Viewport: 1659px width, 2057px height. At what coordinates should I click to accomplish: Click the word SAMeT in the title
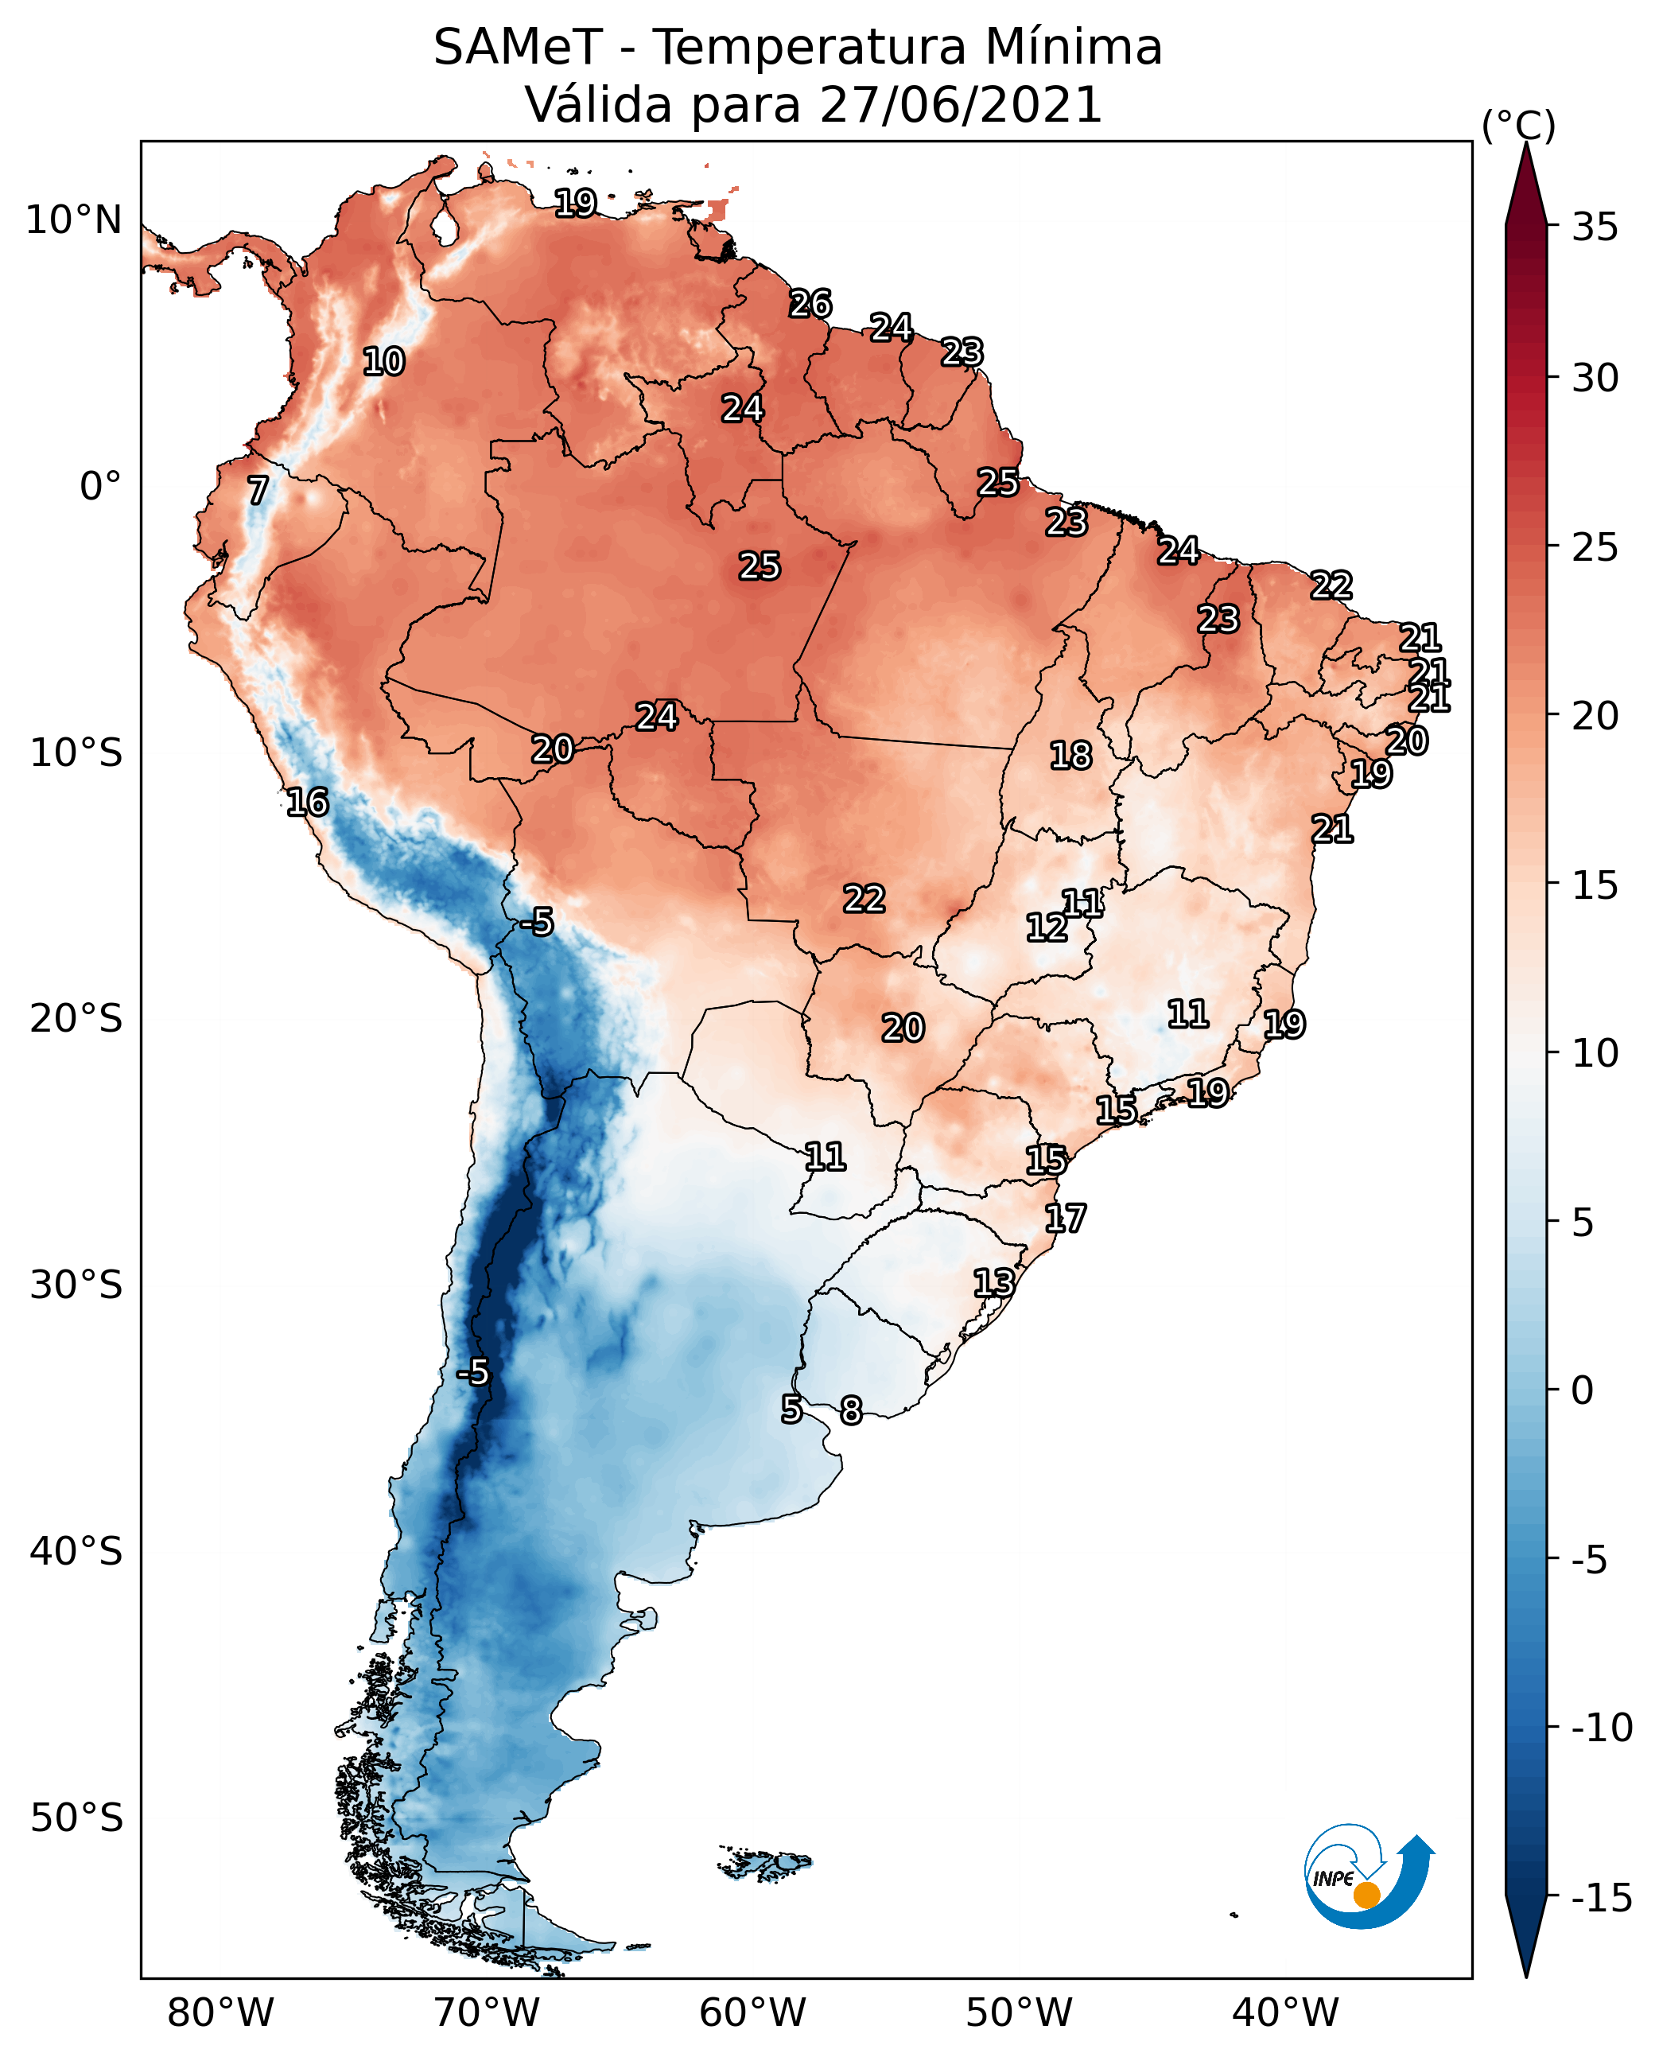517,48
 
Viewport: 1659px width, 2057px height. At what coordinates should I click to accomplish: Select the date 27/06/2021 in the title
961,105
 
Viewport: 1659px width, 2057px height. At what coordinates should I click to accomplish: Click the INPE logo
1368,1879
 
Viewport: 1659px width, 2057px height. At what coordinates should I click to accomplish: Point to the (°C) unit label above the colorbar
1518,125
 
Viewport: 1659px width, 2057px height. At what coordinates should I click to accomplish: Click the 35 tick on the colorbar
1595,227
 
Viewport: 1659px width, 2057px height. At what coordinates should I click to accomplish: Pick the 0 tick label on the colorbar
1583,1390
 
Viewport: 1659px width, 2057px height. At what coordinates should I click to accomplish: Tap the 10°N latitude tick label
74,221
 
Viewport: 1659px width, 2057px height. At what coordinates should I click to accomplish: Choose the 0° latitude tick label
100,487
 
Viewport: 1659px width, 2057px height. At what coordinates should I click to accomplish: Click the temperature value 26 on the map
810,304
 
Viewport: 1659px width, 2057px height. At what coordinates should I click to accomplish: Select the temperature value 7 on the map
258,490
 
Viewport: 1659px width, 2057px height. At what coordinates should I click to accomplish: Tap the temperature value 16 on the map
308,802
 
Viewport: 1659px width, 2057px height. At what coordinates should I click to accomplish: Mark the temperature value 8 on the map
850,1410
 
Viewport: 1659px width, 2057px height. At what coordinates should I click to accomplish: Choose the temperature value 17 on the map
1065,1219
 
